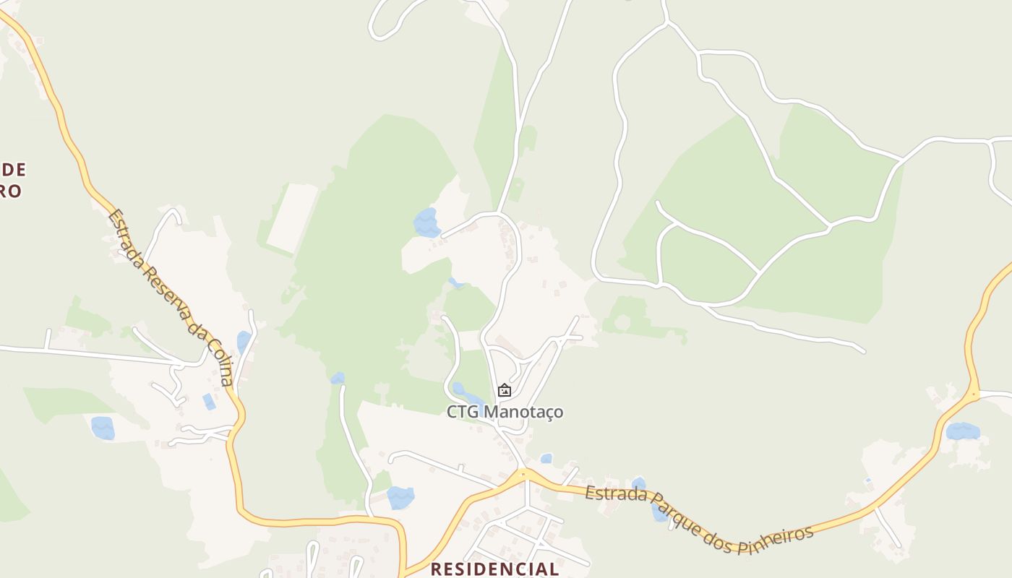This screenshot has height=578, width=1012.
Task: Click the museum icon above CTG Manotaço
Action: coord(505,391)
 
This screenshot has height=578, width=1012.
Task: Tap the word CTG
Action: coord(463,412)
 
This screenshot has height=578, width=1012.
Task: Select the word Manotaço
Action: coord(523,412)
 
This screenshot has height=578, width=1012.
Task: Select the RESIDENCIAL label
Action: coord(494,569)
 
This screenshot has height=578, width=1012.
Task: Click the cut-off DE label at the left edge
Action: coord(14,170)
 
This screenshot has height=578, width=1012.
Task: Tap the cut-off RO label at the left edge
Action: coord(11,191)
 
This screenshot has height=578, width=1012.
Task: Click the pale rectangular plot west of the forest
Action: coord(293,217)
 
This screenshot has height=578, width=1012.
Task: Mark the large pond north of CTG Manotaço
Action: coord(426,223)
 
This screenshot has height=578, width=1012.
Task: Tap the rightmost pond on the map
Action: coord(963,431)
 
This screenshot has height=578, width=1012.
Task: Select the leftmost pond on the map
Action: coord(103,428)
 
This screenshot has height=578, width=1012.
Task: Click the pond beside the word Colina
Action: coord(244,341)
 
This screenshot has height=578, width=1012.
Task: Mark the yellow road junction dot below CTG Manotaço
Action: coord(523,475)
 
